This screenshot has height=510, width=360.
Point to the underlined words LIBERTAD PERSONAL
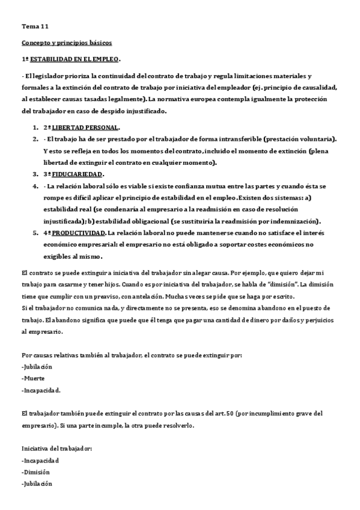click(x=85, y=127)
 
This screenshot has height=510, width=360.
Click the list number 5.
click(x=35, y=232)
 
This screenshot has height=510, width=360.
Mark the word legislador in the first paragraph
click(x=46, y=76)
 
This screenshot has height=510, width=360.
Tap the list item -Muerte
click(x=34, y=378)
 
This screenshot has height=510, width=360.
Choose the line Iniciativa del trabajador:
click(x=56, y=449)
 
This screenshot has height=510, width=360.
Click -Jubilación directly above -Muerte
click(x=37, y=366)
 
